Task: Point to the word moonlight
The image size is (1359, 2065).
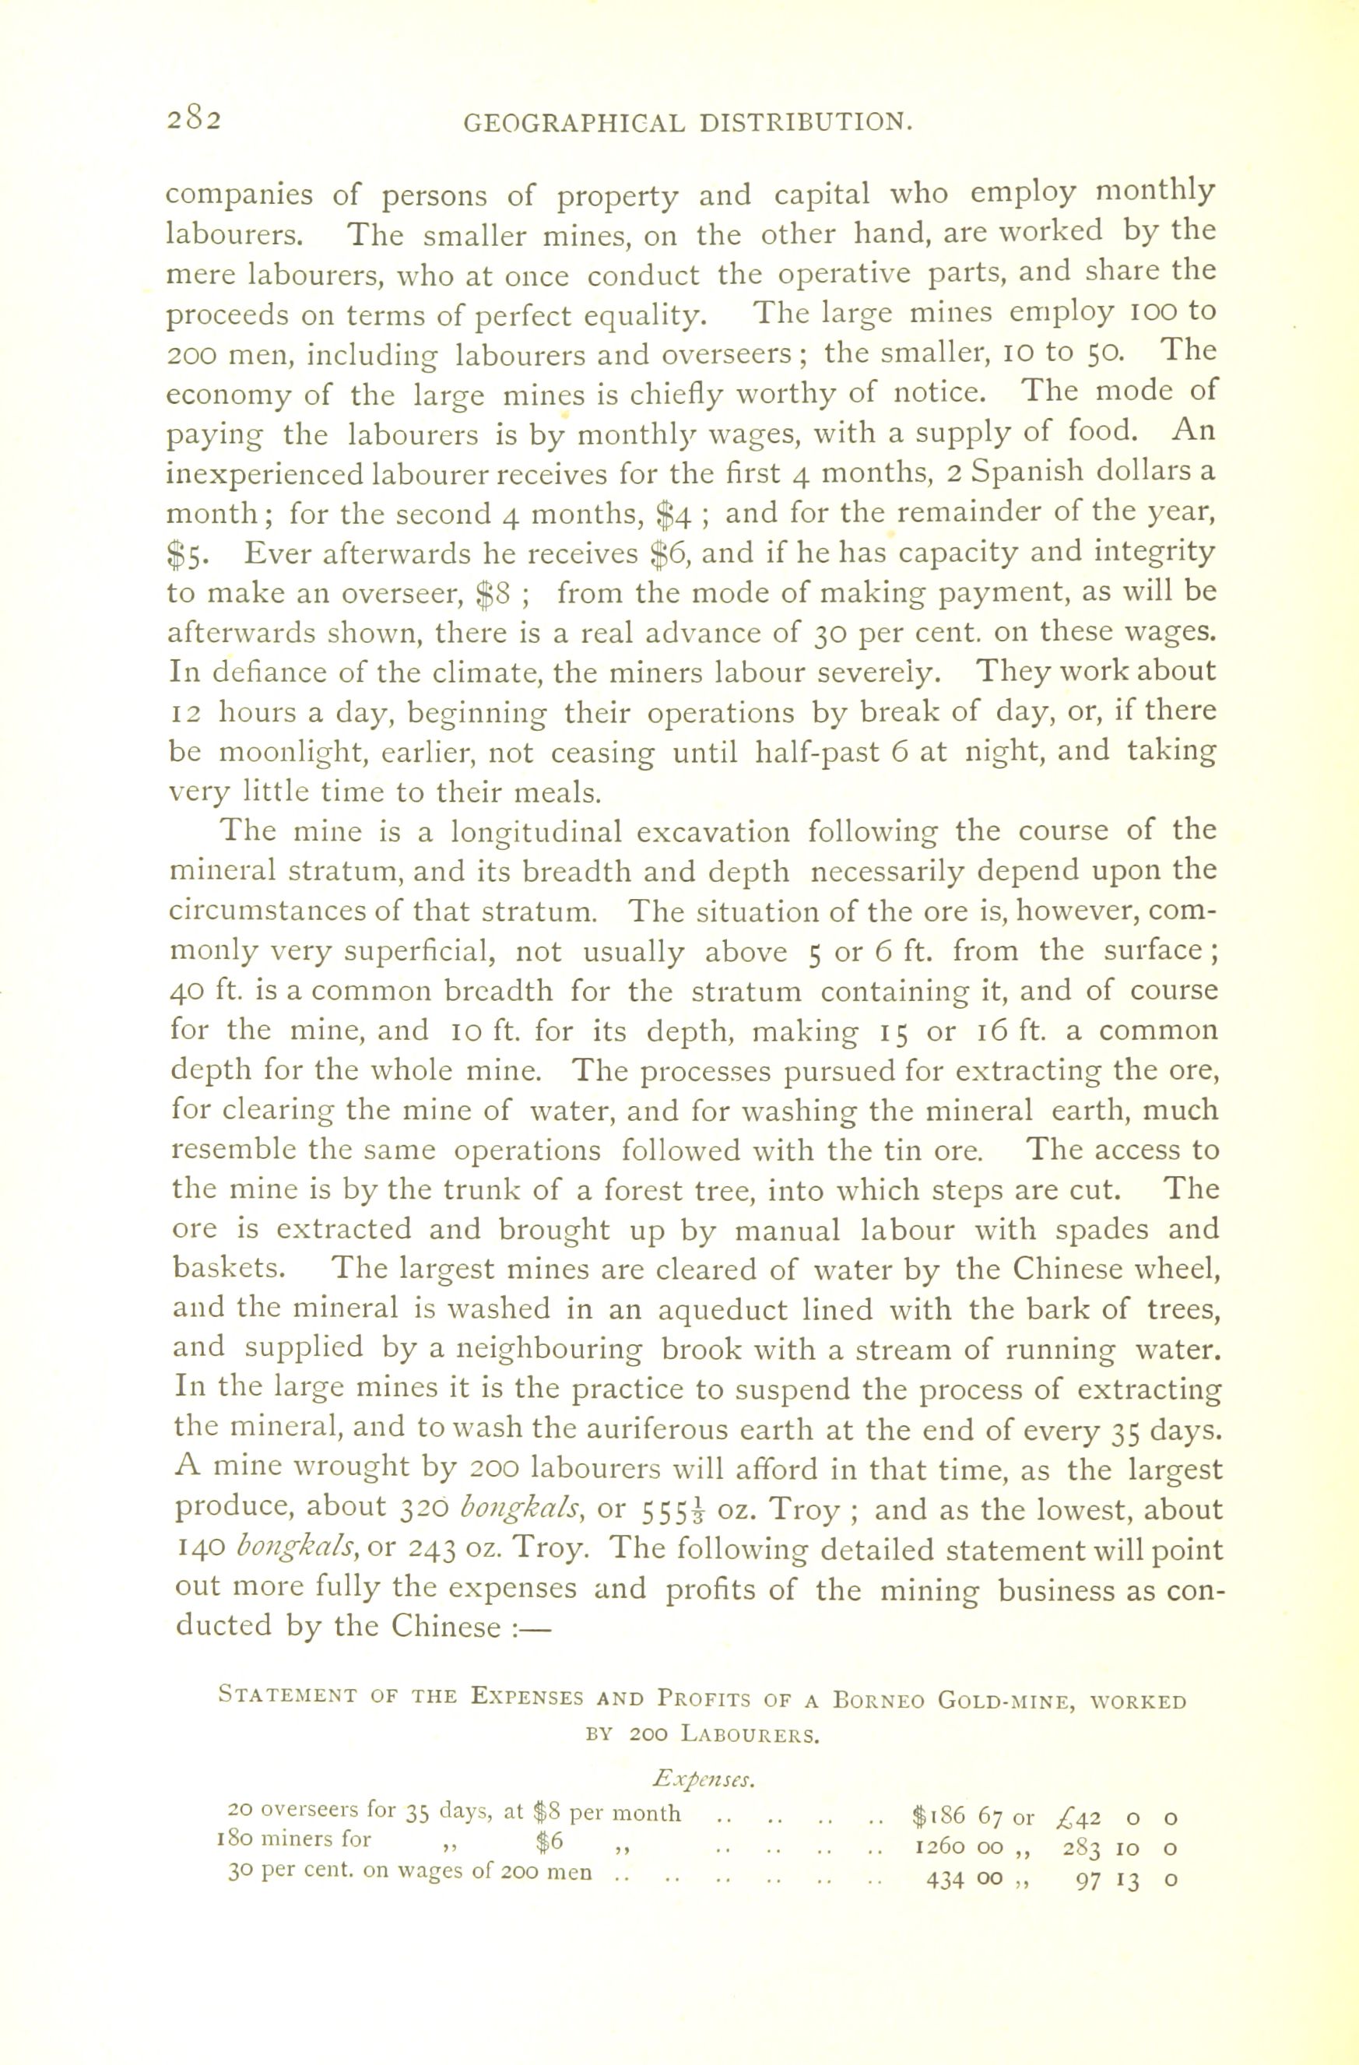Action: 288,753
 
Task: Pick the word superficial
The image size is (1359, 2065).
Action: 420,953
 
